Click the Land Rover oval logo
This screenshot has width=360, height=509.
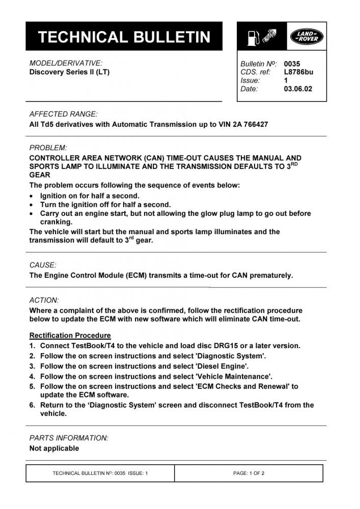(304, 37)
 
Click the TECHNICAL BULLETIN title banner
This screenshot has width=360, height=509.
(124, 37)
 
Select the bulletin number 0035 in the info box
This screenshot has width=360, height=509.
(292, 64)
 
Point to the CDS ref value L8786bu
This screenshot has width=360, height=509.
(298, 72)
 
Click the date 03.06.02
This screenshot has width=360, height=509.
(298, 89)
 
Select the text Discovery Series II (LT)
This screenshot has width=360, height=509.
(69, 72)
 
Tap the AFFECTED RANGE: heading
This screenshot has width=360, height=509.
(63, 114)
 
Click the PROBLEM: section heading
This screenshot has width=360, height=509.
(48, 148)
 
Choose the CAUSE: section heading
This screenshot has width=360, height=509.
(43, 265)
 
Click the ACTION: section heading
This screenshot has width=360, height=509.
(44, 300)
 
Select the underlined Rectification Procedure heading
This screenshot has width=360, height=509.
(70, 335)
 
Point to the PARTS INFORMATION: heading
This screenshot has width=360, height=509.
(69, 438)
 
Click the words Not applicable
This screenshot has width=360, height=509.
(54, 448)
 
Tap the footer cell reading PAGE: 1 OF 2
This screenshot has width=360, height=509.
(248, 473)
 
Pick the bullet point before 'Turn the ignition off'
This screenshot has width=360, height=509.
(33, 205)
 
